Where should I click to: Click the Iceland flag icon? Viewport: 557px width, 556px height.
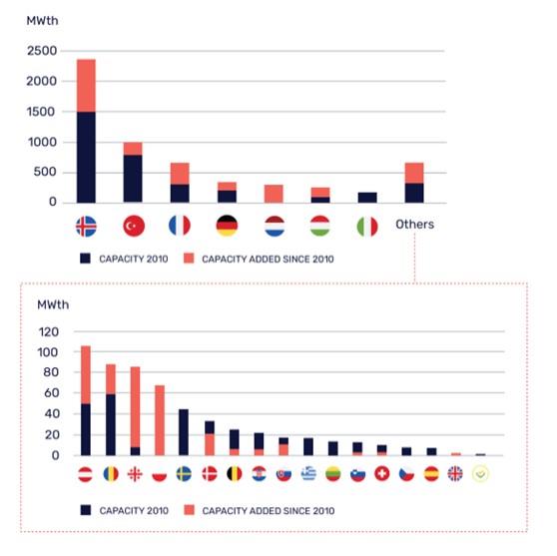[86, 227]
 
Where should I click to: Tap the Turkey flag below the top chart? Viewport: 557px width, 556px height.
[134, 226]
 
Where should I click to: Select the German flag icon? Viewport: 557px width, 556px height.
[227, 226]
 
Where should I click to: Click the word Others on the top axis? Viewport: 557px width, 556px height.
[414, 225]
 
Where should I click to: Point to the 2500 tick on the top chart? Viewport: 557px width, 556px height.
[42, 51]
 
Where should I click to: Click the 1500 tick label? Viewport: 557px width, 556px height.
[41, 112]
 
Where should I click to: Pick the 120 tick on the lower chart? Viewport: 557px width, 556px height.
[49, 332]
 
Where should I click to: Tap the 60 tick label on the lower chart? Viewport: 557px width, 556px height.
[52, 393]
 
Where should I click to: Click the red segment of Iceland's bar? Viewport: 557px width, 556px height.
[86, 86]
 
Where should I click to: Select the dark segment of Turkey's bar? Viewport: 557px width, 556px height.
[133, 179]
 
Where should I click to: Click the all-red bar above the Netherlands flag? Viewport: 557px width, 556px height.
[274, 194]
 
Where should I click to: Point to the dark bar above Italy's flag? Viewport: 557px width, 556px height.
[367, 198]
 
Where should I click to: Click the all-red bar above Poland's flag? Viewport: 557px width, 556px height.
[160, 420]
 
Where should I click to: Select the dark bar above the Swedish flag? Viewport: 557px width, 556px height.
[184, 432]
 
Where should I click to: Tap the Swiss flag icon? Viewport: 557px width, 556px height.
[382, 473]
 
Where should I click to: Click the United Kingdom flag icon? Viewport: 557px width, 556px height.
[455, 473]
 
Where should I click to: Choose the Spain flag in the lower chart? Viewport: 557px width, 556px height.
[431, 473]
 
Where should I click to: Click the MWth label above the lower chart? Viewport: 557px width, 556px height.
[53, 304]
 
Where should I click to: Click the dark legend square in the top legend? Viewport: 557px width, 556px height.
[85, 259]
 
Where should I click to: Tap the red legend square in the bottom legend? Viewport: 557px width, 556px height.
[190, 510]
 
